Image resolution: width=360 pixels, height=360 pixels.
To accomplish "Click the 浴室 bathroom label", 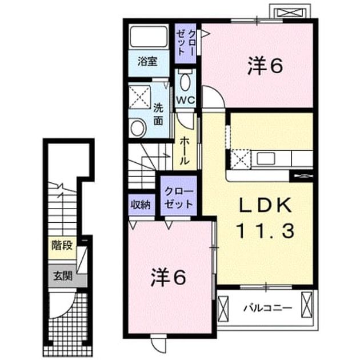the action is coord(147,62).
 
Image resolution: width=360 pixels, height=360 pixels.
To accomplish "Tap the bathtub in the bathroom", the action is coord(149,37).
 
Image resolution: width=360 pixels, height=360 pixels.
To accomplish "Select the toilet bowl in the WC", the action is coord(185,81).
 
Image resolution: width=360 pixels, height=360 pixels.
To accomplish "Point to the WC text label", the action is coord(186,100).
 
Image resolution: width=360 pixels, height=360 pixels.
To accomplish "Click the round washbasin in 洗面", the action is coord(137,128).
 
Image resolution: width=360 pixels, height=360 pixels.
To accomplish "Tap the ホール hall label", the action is coord(185,151).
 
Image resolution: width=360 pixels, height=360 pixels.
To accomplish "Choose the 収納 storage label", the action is coord(141,205).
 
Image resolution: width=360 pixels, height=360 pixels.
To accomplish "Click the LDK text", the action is coord(266,205).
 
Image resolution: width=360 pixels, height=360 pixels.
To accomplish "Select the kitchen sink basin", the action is coord(266,158).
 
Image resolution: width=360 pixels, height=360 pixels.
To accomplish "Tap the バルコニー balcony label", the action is coord(268,307).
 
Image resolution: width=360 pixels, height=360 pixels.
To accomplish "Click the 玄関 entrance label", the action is coord(63,276).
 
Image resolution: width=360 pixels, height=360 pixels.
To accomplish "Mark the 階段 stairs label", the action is coord(62,245).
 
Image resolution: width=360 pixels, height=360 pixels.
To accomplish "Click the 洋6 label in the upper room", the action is coord(265,66).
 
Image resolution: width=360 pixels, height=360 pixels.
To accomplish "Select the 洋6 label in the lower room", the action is coord(168,278).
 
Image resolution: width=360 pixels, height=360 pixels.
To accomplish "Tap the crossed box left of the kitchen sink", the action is coord(241,159).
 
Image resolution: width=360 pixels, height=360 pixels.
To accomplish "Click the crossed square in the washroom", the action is coord(139,97).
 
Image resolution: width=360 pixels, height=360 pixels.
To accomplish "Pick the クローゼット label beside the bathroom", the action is coord(186,43).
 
